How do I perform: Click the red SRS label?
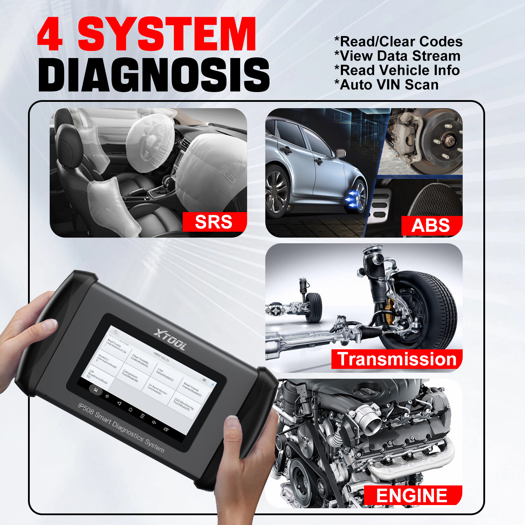pos(214,222)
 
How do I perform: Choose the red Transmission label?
pos(397,359)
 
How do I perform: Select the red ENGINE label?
pos(412,495)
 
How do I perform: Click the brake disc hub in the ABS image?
pos(449,141)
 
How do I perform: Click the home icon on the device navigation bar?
pos(130,409)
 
